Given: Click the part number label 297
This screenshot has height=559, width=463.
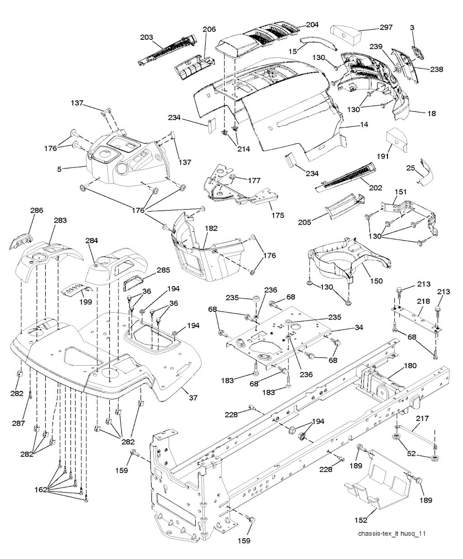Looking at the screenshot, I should [386, 28].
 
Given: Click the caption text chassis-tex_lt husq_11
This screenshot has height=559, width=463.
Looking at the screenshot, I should [392, 534].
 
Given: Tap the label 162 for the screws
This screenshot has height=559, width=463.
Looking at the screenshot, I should [41, 489].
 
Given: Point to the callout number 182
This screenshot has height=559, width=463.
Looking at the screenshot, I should [211, 229].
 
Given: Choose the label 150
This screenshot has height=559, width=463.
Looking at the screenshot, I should [376, 281].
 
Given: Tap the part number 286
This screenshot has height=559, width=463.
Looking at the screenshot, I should [37, 210].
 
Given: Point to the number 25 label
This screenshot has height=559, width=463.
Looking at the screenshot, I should [410, 168].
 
